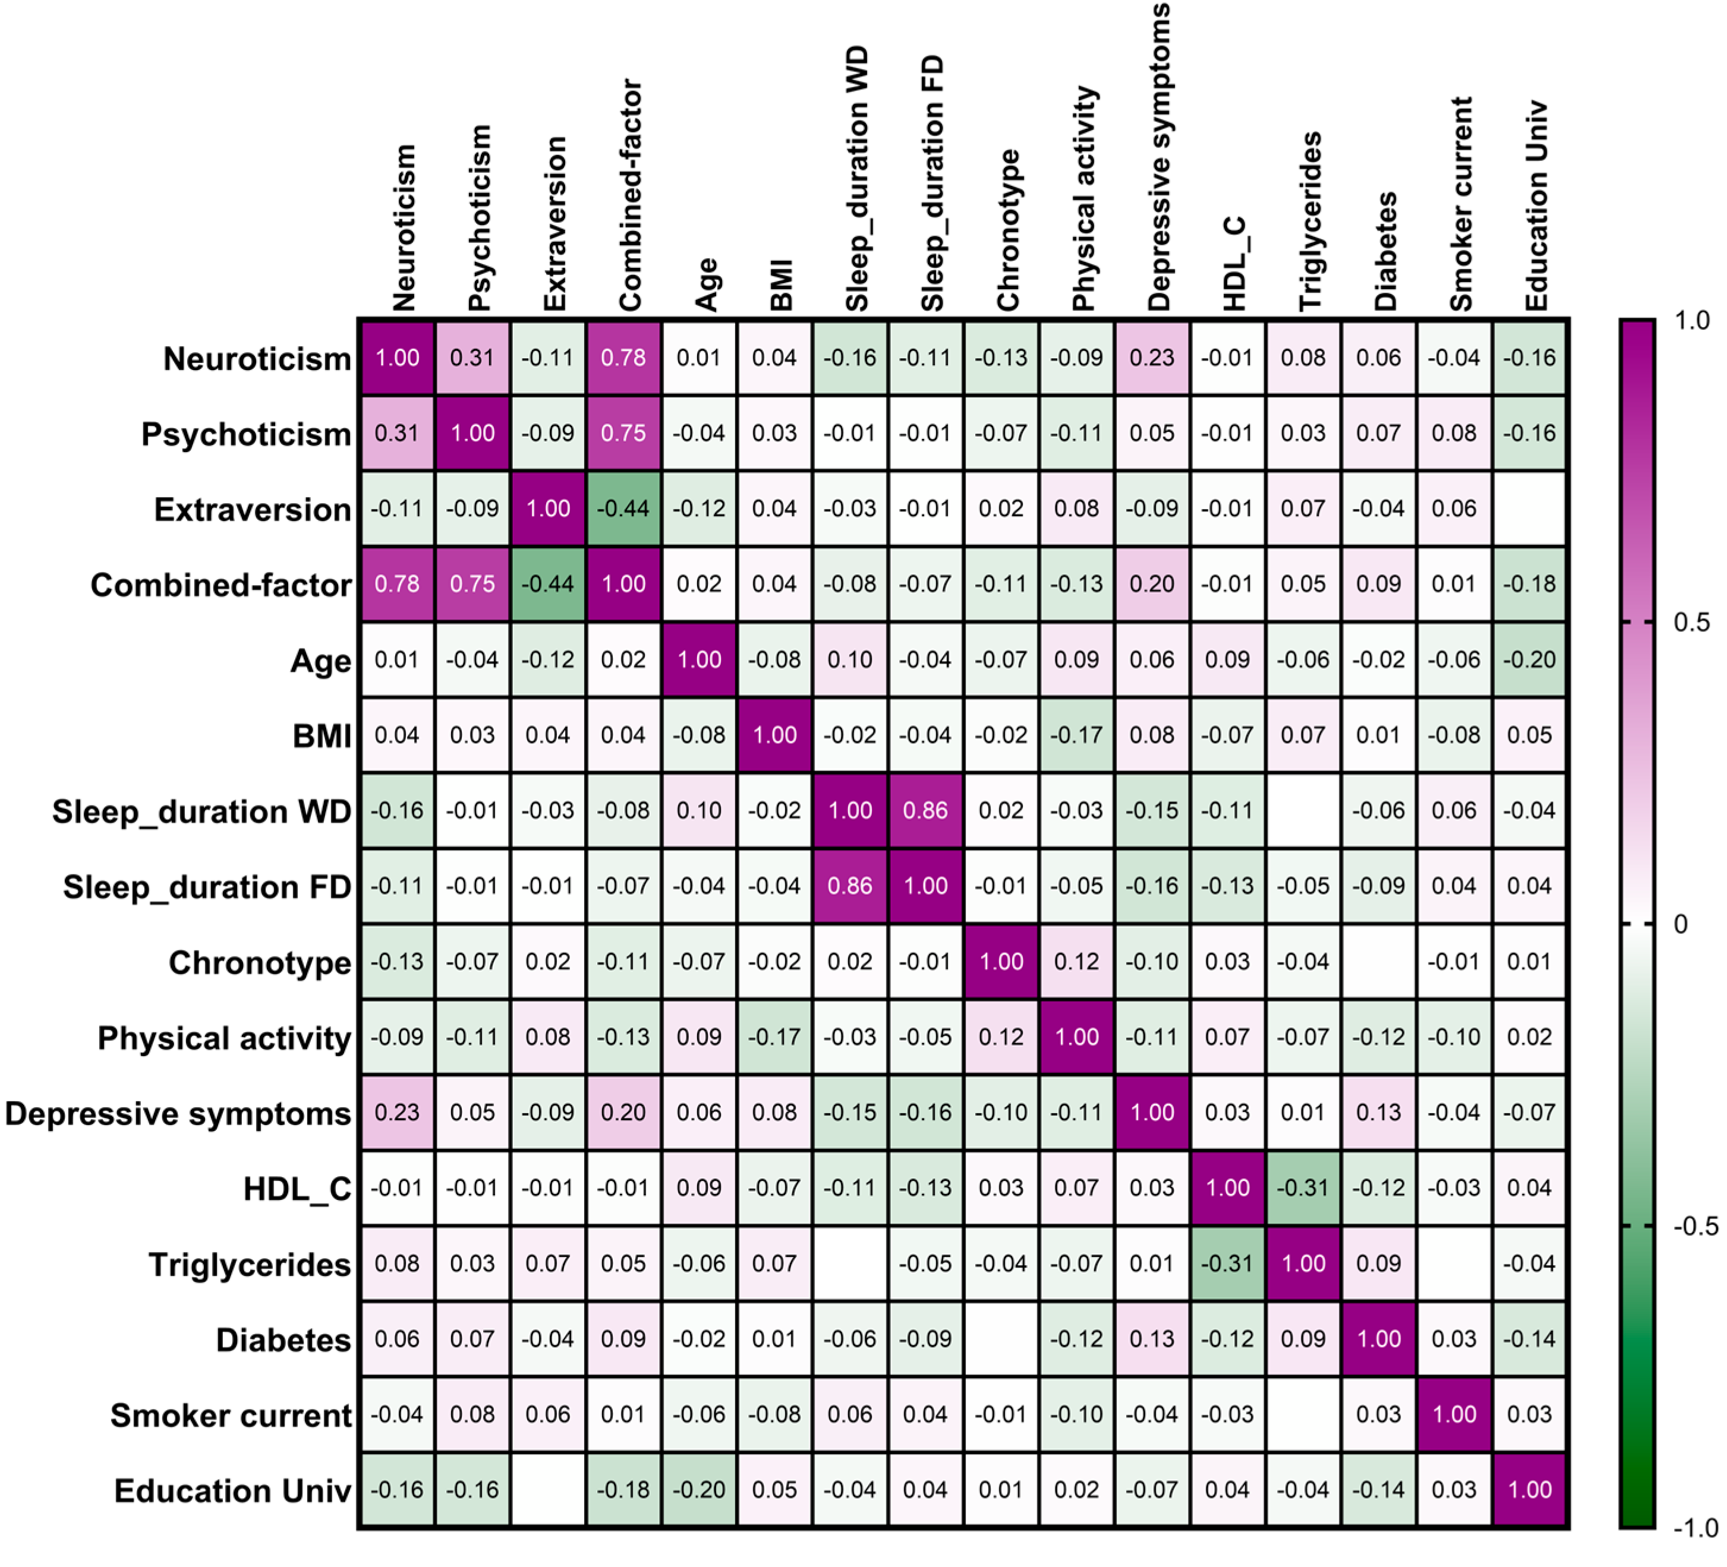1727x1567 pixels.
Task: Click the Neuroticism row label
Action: point(257,359)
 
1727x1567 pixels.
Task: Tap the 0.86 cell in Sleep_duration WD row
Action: point(925,810)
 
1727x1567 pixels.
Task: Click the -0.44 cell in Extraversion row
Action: point(623,508)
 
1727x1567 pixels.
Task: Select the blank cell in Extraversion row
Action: point(1529,508)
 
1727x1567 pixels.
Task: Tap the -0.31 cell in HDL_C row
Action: point(1302,1187)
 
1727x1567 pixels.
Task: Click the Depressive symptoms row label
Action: point(178,1113)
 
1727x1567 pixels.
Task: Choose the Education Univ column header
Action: point(1536,206)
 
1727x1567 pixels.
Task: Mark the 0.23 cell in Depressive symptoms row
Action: point(396,1113)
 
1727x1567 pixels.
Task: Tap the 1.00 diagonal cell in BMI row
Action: point(774,735)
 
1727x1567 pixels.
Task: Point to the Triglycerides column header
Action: point(1310,221)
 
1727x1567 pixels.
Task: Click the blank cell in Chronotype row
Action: point(1378,961)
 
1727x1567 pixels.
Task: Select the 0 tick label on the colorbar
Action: point(1681,924)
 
